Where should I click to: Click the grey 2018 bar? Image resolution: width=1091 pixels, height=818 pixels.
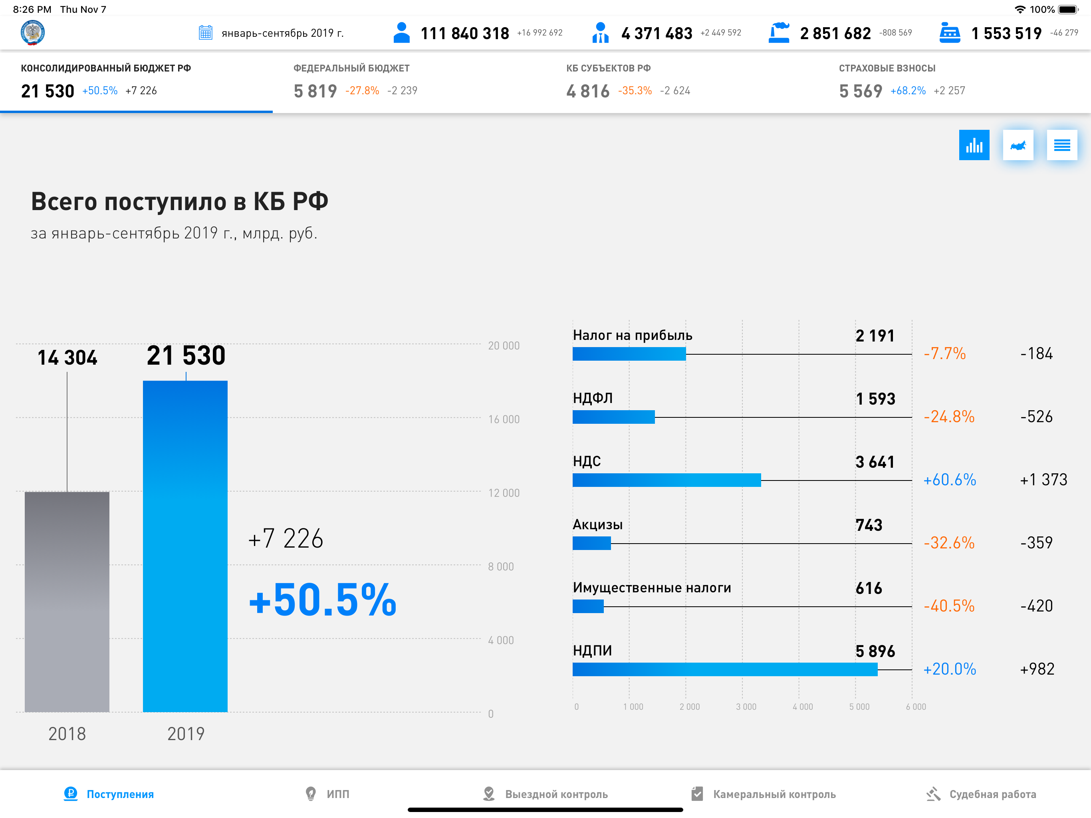pos(67,602)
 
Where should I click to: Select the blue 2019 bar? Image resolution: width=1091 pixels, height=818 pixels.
pos(185,546)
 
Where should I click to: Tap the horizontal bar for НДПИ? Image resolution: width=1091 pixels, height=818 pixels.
pos(725,669)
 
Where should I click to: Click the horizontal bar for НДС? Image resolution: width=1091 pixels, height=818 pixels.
pos(667,480)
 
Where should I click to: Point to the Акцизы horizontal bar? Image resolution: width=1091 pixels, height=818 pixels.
pos(592,543)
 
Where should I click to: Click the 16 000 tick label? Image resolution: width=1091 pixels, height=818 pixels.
pos(504,419)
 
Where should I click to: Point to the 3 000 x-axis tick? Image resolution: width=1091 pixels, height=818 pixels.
pos(746,707)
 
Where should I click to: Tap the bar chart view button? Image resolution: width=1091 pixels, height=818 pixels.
pos(974,145)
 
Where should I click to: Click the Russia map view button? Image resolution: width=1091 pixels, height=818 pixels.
pos(1018,145)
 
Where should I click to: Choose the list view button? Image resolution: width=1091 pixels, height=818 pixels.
pos(1062,145)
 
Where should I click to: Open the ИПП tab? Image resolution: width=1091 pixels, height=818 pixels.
pos(327,794)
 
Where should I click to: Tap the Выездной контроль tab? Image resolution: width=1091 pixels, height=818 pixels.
pos(545,794)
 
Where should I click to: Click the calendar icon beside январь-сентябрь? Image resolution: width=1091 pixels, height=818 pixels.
pos(205,33)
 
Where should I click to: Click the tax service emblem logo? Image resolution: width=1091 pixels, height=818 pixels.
pos(33,33)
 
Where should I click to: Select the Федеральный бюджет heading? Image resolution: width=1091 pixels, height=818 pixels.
pos(351,68)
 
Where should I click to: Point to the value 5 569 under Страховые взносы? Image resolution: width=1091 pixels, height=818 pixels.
pos(860,91)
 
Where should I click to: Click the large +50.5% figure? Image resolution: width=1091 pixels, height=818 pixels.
pos(323,600)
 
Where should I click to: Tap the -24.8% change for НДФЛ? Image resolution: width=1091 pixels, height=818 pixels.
pos(949,417)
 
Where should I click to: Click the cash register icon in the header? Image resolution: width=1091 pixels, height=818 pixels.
pos(950,33)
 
